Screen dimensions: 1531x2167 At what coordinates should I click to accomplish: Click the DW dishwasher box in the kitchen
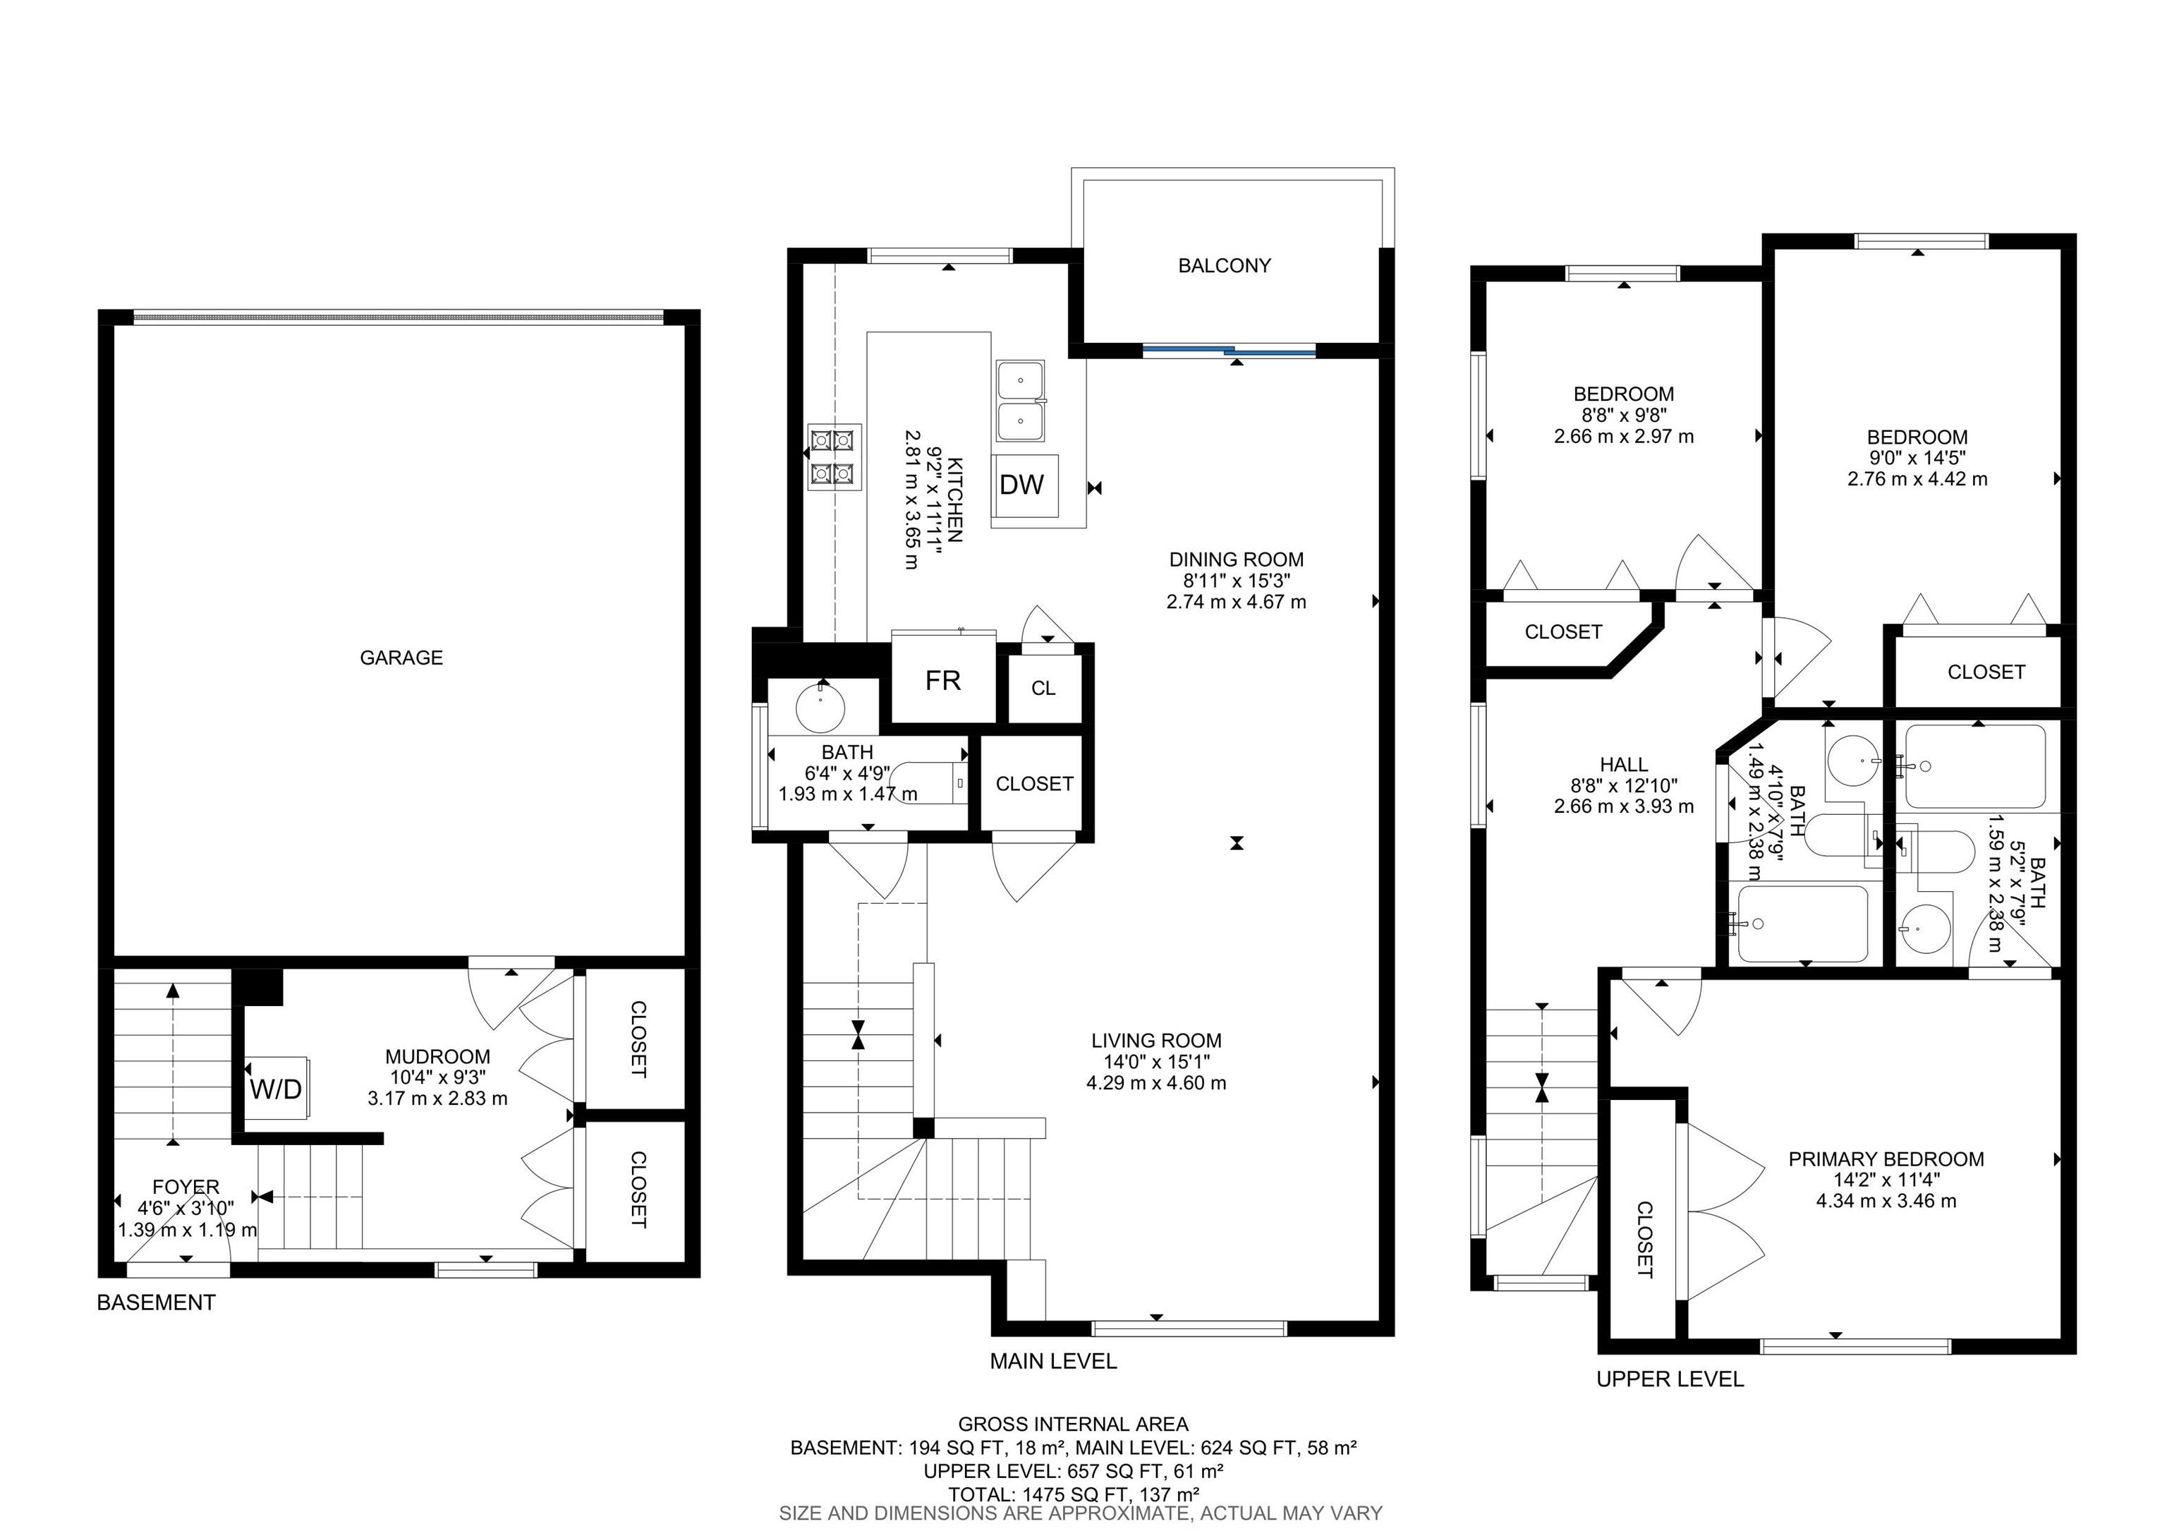tap(1023, 485)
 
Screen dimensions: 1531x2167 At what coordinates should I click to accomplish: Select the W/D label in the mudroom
tap(276, 1089)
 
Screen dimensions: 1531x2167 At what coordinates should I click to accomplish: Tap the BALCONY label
tap(1224, 266)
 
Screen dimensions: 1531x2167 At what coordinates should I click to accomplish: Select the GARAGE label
tap(401, 658)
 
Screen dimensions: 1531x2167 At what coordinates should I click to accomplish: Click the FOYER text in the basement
tap(186, 1187)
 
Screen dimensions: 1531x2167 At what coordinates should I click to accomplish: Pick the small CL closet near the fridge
tap(1043, 688)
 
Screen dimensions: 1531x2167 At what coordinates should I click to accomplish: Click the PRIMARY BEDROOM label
tap(1886, 1159)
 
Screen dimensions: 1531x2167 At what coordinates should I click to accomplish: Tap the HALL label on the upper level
tap(1623, 765)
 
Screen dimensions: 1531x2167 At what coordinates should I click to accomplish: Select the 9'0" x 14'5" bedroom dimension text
tap(1917, 458)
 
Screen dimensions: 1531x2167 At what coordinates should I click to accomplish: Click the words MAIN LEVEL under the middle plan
tap(1053, 1361)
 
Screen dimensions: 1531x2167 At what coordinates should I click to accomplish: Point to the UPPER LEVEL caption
tap(1670, 1379)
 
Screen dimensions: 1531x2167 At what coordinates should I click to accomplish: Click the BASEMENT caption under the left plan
tap(157, 1302)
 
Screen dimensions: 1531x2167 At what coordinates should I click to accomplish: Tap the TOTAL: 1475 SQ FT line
tap(1073, 1494)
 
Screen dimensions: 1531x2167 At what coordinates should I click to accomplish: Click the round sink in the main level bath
tap(820, 708)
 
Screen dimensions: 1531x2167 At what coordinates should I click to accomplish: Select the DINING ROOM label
tap(1237, 559)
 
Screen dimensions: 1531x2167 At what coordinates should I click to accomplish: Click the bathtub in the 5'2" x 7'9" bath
tap(1972, 765)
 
